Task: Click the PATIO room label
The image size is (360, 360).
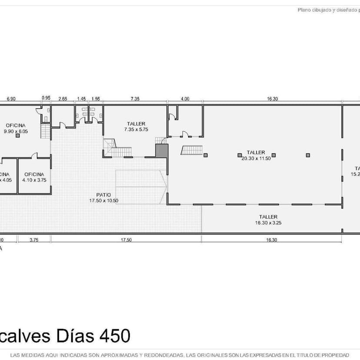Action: [x=103, y=198]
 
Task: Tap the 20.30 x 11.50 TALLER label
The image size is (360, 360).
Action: [x=256, y=155]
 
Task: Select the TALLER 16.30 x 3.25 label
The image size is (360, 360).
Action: [x=268, y=220]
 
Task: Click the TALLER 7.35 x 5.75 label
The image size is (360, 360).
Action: [x=136, y=127]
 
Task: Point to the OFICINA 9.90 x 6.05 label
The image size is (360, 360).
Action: [x=16, y=128]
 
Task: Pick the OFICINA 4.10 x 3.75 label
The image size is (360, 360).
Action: [x=34, y=177]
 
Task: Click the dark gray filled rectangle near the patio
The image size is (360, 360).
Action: [x=162, y=150]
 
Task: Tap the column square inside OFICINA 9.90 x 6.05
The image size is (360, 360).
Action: [x=17, y=136]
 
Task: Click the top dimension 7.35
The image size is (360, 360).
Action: [x=135, y=99]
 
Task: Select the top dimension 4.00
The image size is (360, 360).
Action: [x=185, y=99]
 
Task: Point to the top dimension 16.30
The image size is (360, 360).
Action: [x=272, y=99]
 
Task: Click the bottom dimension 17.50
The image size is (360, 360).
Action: [x=126, y=240]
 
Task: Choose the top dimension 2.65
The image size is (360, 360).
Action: [x=63, y=99]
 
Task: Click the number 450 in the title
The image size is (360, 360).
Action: [x=115, y=336]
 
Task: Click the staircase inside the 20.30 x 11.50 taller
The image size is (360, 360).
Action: [x=192, y=150]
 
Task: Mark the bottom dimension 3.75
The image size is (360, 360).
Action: [x=34, y=240]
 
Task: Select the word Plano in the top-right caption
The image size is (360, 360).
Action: [x=304, y=10]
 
